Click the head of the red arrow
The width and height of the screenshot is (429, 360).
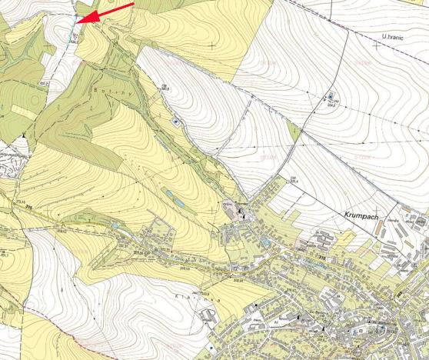click(x=79, y=21)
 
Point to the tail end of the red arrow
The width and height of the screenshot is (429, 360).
click(x=132, y=4)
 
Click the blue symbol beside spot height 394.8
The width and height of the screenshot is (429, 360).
click(x=331, y=96)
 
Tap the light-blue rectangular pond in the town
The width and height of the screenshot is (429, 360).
click(x=266, y=243)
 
